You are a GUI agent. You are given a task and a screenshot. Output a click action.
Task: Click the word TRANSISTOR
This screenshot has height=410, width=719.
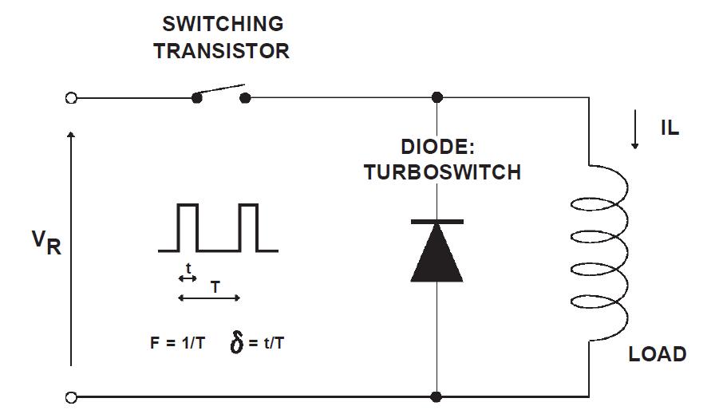point(221,51)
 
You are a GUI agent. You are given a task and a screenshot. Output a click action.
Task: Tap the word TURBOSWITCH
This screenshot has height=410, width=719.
point(442,172)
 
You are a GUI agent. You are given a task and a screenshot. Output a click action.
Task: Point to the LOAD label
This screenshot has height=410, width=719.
point(658,354)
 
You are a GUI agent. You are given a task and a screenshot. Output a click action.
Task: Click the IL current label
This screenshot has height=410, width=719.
point(670,128)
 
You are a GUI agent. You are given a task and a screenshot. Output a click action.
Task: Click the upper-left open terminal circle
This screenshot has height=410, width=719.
point(71,98)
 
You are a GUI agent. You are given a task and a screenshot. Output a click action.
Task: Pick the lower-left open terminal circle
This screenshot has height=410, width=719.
point(71,396)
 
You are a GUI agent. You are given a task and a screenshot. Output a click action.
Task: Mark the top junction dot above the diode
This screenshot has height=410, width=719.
point(437,98)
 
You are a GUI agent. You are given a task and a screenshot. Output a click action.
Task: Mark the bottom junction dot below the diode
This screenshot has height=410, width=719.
point(437,396)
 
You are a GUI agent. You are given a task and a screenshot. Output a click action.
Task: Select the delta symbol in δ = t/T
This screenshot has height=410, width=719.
point(237,345)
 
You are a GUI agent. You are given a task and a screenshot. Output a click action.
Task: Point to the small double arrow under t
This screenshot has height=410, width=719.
point(188,278)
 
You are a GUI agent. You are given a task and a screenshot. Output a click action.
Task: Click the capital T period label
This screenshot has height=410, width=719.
point(215,286)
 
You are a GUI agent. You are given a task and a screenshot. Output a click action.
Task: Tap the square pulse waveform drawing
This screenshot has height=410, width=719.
point(218,228)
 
